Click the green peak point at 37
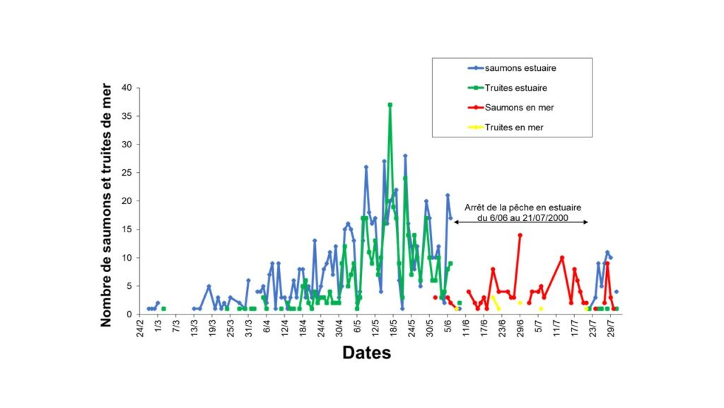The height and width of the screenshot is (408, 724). pyautogui.click(x=390, y=105)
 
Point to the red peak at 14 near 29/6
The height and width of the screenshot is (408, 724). pyautogui.click(x=520, y=235)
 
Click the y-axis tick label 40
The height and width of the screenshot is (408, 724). pyautogui.click(x=127, y=88)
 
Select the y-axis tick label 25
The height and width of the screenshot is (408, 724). pyautogui.click(x=127, y=173)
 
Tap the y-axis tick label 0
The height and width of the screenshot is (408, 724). pyautogui.click(x=129, y=314)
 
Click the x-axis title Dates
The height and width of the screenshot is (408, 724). pyautogui.click(x=366, y=353)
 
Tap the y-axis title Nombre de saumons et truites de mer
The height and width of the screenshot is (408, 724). pyautogui.click(x=107, y=201)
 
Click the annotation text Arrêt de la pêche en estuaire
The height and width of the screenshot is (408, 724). pyautogui.click(x=522, y=208)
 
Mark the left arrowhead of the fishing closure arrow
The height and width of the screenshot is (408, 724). pyautogui.click(x=456, y=222)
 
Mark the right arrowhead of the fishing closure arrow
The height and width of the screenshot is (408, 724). pyautogui.click(x=586, y=222)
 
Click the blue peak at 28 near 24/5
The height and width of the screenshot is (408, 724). pyautogui.click(x=405, y=156)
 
